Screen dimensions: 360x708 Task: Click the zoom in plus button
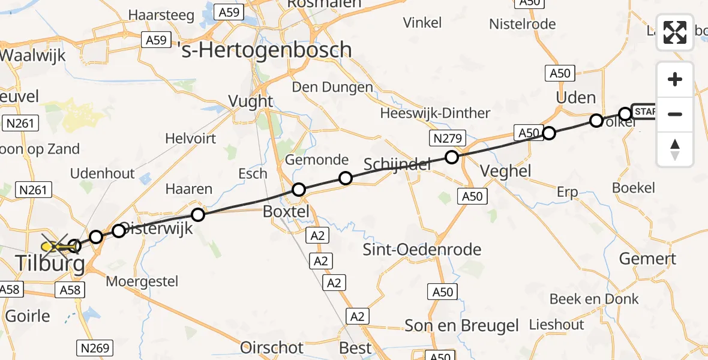pyautogui.click(x=675, y=80)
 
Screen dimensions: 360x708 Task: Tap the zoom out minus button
pyautogui.click(x=675, y=114)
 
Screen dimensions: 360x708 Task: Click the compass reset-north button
pyautogui.click(x=675, y=149)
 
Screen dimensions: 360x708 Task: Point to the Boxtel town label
pyautogui.click(x=287, y=211)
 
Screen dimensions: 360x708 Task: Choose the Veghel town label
pyautogui.click(x=506, y=171)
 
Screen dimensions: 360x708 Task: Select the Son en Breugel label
pyautogui.click(x=461, y=326)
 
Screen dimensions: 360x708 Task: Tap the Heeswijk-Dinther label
pyautogui.click(x=435, y=113)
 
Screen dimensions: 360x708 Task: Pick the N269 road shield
pyautogui.click(x=95, y=347)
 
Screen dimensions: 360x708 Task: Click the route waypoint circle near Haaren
pyautogui.click(x=197, y=214)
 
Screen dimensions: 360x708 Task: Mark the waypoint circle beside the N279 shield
pyautogui.click(x=452, y=157)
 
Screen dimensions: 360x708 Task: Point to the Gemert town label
pyautogui.click(x=647, y=259)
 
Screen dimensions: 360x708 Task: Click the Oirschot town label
pyautogui.click(x=272, y=347)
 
